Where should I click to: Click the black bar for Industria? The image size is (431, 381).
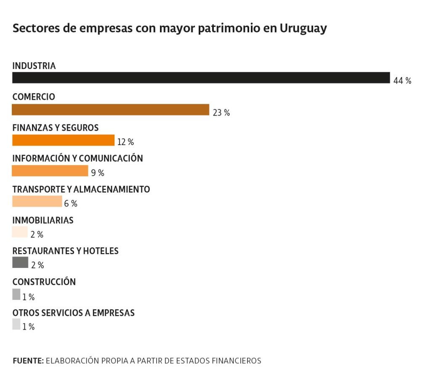[201, 78]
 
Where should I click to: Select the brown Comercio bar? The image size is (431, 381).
[110, 110]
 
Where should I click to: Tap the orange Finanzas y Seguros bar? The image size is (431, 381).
[63, 140]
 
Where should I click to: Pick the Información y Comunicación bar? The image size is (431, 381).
[50, 171]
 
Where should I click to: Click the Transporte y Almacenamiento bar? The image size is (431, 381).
[37, 201]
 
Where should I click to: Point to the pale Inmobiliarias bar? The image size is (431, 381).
[20, 232]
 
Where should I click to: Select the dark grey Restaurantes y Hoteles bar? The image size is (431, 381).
[20, 262]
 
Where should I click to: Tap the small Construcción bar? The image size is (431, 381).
[16, 294]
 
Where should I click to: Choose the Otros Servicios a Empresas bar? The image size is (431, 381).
[16, 324]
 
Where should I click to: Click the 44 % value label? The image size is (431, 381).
[402, 81]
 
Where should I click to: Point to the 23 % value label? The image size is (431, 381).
[221, 113]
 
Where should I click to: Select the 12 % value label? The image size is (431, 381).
[125, 143]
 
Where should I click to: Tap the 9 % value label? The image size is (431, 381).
[98, 173]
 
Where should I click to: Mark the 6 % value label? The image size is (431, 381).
[71, 204]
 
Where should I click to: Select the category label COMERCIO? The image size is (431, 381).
[34, 97]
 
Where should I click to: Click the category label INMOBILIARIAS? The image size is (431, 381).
[43, 220]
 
